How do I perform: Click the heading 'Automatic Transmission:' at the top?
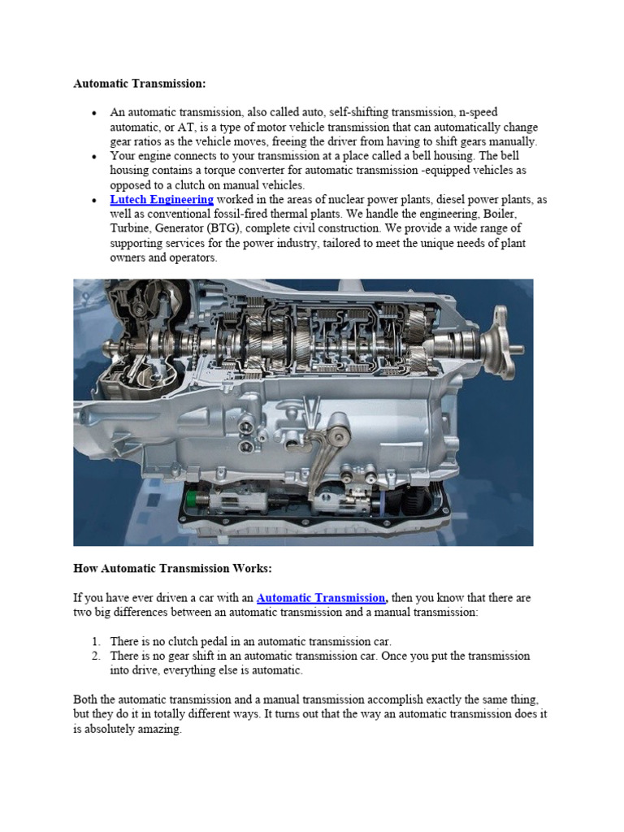click(x=140, y=83)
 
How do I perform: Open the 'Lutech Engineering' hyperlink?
click(x=162, y=199)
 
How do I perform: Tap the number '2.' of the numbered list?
click(x=95, y=656)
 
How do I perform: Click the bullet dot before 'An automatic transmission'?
click(x=95, y=113)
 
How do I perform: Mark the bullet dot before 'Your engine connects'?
click(x=95, y=156)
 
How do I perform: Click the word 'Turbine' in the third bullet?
click(x=130, y=228)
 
